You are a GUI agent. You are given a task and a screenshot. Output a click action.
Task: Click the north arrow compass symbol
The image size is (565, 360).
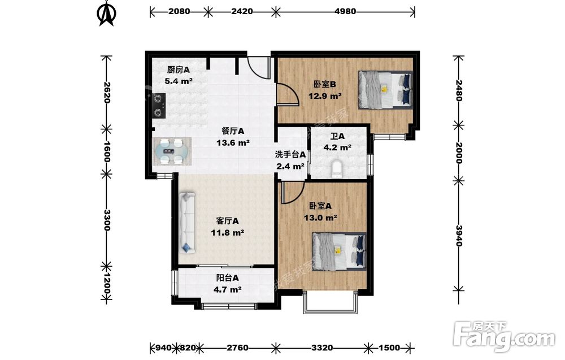(107, 14)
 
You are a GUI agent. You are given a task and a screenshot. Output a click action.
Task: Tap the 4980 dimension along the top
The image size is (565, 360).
(345, 11)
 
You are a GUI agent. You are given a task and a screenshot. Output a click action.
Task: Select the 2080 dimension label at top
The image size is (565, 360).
(179, 11)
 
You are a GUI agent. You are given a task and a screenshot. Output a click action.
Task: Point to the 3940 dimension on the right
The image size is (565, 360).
(458, 236)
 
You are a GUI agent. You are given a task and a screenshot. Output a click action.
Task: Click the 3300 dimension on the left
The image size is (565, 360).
(107, 220)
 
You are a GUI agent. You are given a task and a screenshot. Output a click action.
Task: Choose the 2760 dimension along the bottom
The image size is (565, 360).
(237, 348)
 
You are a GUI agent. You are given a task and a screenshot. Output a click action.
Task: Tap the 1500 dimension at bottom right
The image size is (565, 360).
(389, 348)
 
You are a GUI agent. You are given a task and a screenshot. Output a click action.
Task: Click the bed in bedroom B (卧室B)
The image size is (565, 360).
(385, 90)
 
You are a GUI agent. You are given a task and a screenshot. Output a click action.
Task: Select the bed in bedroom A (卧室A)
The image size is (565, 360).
(339, 251)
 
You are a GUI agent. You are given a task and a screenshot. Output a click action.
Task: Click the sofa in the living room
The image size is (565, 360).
(187, 223)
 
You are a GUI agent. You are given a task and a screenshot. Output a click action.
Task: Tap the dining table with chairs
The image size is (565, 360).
(172, 151)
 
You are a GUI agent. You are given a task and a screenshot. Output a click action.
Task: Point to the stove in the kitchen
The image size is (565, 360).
(159, 106)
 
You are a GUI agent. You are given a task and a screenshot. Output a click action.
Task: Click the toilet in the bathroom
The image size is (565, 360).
(337, 170)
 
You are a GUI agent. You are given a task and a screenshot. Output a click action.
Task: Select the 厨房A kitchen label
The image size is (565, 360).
(179, 70)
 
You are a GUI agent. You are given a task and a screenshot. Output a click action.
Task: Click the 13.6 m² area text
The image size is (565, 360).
(233, 143)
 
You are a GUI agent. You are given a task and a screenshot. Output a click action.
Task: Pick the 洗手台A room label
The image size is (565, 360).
(290, 155)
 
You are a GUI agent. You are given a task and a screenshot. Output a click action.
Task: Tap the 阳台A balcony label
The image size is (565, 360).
(227, 278)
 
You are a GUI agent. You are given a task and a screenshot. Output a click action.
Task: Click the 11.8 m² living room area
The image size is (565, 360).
(228, 232)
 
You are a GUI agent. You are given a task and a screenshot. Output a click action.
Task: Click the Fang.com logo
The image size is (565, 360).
(505, 336)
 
